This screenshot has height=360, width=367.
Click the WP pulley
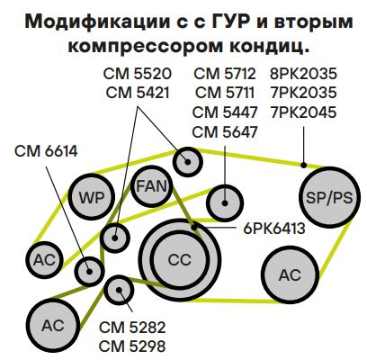point(92,197)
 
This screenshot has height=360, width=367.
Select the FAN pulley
point(152,186)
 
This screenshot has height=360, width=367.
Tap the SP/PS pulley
point(329,197)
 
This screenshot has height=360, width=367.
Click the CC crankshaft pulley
point(180,260)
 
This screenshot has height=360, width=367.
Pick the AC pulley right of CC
point(290,274)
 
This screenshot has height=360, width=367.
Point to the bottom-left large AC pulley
point(53,325)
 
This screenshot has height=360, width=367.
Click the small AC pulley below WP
point(45,259)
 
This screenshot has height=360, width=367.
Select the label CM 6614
point(46,151)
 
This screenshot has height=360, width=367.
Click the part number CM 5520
point(138,74)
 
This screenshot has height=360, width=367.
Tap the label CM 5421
point(138,93)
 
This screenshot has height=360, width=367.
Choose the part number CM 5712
point(225,74)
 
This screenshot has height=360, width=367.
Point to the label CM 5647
point(225,132)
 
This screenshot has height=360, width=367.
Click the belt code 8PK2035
point(303,74)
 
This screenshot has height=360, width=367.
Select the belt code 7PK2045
point(303,112)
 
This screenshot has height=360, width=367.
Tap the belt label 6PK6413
point(274,229)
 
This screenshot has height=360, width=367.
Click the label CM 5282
point(132,328)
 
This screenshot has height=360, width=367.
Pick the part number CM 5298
point(132,346)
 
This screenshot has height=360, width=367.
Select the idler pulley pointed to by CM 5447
point(225,203)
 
